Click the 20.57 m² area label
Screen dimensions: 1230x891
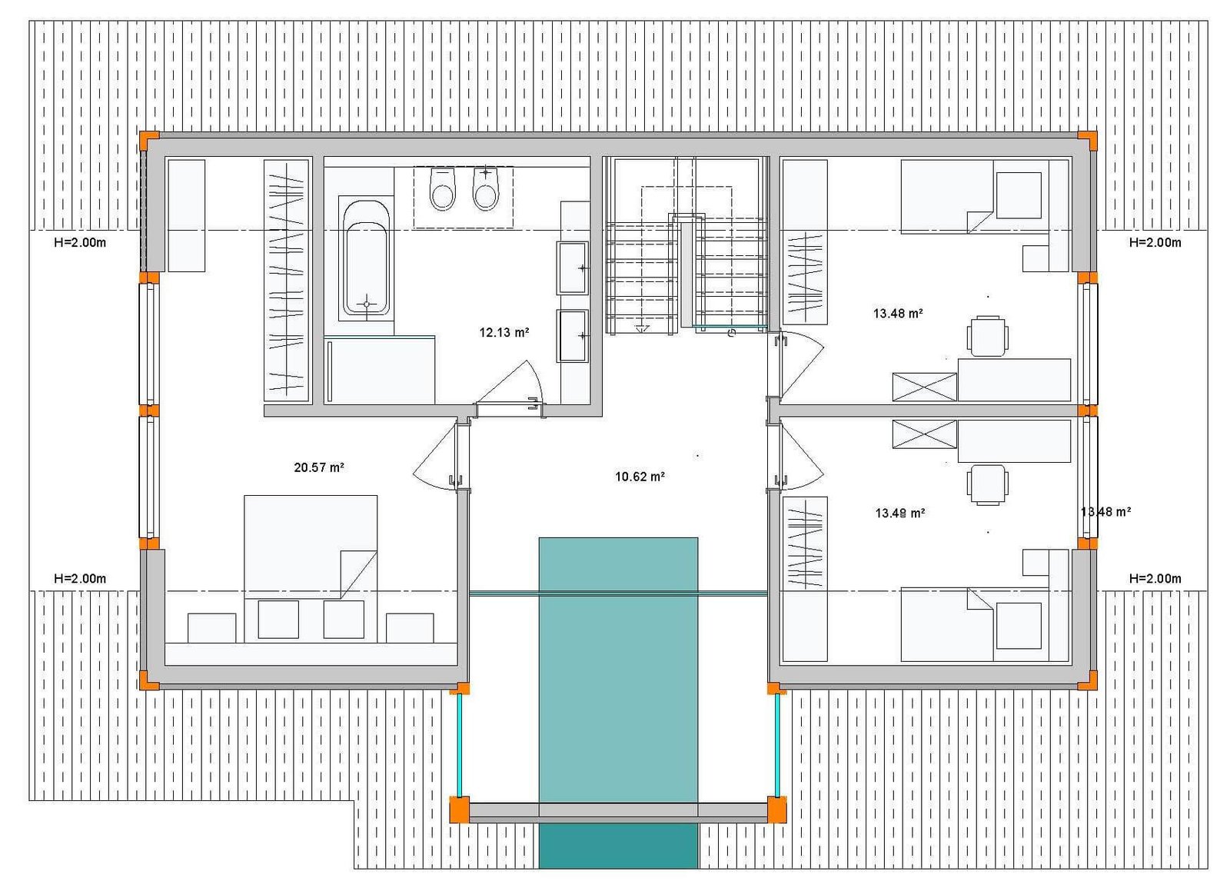click(x=319, y=467)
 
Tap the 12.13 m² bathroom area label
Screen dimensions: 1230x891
click(x=504, y=332)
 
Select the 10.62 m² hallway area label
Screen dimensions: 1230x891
click(x=640, y=477)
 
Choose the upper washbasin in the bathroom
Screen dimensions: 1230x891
click(x=573, y=268)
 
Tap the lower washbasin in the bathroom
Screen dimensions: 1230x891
click(x=573, y=336)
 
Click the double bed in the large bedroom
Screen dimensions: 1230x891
click(x=311, y=547)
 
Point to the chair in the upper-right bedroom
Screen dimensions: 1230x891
click(x=988, y=336)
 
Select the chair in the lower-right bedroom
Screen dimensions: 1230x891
click(x=988, y=485)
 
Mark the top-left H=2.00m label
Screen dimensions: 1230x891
click(x=80, y=243)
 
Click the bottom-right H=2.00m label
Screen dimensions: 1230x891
click(x=1155, y=579)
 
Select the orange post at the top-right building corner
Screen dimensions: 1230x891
click(x=1087, y=141)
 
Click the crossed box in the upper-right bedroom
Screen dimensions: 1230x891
click(x=925, y=387)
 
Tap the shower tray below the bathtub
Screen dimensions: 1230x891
click(x=380, y=370)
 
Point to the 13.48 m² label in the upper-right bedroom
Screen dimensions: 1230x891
click(x=898, y=314)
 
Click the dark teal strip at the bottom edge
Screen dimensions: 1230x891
click(x=618, y=846)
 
